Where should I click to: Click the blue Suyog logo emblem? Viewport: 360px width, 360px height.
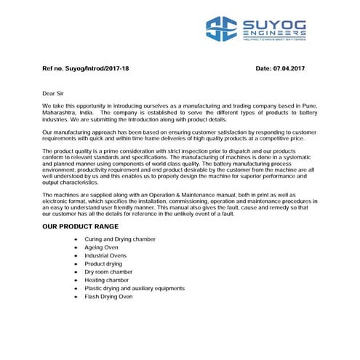point(221,29)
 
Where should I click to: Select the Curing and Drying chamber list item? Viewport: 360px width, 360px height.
point(120,239)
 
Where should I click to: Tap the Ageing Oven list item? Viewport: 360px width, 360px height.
point(103,247)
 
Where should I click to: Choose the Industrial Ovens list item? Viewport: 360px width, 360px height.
point(105,256)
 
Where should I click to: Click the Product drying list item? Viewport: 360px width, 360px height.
point(103,264)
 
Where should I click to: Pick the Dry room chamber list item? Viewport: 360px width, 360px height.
point(108,272)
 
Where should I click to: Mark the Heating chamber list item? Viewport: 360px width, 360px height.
point(106,281)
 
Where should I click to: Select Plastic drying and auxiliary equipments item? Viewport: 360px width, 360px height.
point(135,289)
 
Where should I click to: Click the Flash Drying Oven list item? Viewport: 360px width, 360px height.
point(108,297)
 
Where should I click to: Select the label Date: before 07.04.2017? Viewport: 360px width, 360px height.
point(265,68)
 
